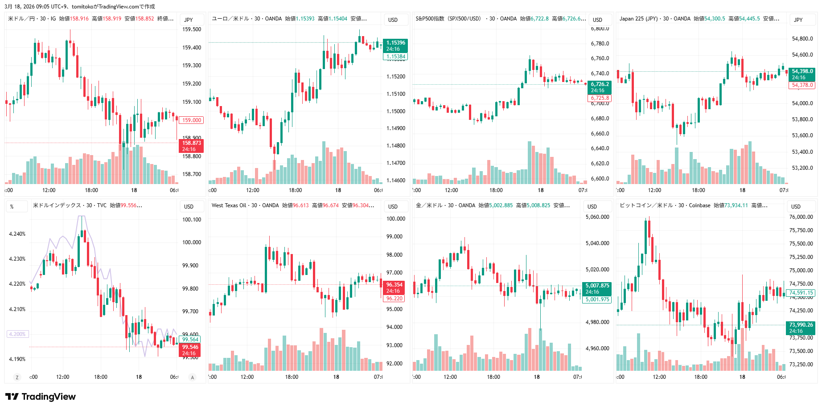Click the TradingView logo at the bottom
tap(41, 397)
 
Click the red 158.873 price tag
tap(191, 146)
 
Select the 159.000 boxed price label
tap(192, 120)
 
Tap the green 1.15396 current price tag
tap(395, 46)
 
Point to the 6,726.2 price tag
tap(600, 87)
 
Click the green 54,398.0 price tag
tap(802, 74)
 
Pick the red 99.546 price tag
tap(190, 350)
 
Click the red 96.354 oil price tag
tap(394, 287)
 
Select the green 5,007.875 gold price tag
tap(597, 288)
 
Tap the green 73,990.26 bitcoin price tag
tap(801, 328)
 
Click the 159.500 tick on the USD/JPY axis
tap(192, 29)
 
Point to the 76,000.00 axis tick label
tap(801, 217)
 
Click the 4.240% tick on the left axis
tap(17, 234)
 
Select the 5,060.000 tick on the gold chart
tap(597, 217)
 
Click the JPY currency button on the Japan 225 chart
tap(798, 20)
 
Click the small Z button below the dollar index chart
tap(17, 377)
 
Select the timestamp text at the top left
tap(80, 6)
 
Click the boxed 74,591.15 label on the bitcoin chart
tap(801, 293)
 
